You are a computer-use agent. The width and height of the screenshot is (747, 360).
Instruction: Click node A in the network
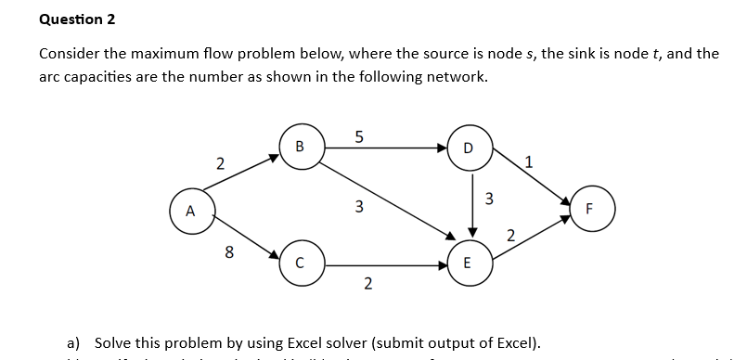190,209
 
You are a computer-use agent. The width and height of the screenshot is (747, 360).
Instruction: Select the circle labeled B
300,147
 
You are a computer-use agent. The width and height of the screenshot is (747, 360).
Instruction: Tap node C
300,262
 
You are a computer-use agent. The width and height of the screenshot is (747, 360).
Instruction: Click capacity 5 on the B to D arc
359,135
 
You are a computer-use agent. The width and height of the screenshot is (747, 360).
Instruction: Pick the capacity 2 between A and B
219,164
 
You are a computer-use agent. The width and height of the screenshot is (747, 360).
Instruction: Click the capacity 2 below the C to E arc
367,283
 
